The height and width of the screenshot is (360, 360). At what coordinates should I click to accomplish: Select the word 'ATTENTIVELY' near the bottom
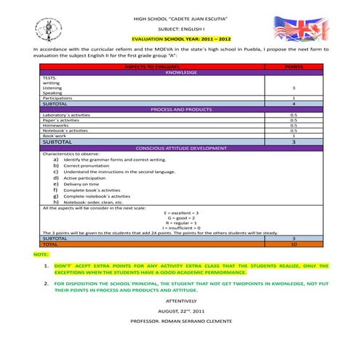pyautogui.click(x=181, y=300)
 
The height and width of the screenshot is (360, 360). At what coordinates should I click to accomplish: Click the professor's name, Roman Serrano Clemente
pyautogui.click(x=181, y=320)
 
